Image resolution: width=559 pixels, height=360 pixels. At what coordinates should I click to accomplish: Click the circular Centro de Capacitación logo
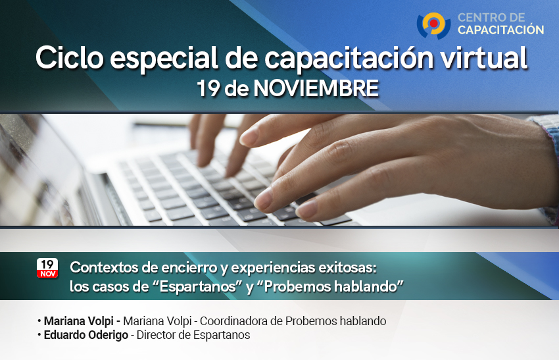pyautogui.click(x=433, y=25)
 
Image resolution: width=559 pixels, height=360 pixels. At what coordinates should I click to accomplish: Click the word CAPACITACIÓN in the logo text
pyautogui.click(x=500, y=30)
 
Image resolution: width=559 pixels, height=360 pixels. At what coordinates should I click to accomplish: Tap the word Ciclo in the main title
pyautogui.click(x=70, y=58)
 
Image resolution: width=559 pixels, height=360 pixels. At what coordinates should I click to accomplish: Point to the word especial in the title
pyautogui.click(x=164, y=59)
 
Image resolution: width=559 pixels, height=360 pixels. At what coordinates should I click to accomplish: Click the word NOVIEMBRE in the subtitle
pyautogui.click(x=316, y=88)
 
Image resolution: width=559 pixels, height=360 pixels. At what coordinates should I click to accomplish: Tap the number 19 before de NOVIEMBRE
pyautogui.click(x=208, y=88)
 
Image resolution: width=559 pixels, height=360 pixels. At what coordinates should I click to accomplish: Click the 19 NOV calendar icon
pyautogui.click(x=47, y=268)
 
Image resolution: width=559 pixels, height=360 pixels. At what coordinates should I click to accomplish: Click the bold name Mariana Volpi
pyautogui.click(x=78, y=321)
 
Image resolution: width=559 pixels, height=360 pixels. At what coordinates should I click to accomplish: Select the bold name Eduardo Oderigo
pyautogui.click(x=86, y=335)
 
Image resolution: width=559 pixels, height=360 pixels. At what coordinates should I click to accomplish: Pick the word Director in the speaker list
pyautogui.click(x=157, y=335)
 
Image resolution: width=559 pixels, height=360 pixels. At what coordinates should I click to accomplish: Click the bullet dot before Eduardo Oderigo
pyautogui.click(x=39, y=335)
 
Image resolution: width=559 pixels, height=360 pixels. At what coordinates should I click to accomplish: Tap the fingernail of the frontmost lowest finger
pyautogui.click(x=306, y=209)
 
